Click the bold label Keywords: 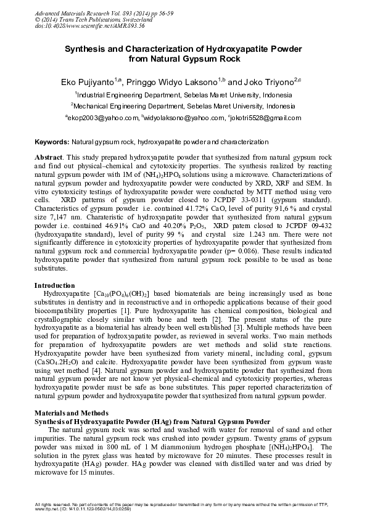tap(52, 142)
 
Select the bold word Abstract tap(49, 158)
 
